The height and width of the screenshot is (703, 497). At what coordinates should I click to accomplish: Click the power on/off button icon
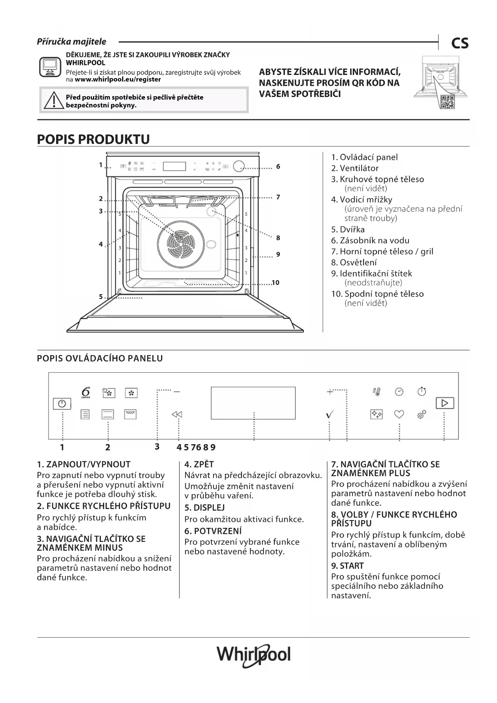click(x=62, y=404)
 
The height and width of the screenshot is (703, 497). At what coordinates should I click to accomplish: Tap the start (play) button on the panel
click(x=445, y=403)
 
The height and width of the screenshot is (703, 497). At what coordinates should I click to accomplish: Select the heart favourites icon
click(x=399, y=414)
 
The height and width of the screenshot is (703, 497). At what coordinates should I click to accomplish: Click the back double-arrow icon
click(x=177, y=414)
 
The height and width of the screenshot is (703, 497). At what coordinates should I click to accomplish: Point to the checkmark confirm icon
click(x=330, y=415)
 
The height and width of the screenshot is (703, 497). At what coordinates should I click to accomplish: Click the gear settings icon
click(x=422, y=414)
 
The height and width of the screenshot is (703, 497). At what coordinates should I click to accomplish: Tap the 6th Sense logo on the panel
click(x=86, y=392)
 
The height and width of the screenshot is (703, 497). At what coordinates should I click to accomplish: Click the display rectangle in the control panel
click(x=253, y=403)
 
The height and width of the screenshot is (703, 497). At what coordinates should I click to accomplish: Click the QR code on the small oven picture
click(x=447, y=102)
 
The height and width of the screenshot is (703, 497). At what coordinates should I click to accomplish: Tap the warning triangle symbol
click(x=52, y=100)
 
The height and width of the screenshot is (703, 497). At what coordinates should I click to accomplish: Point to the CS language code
click(x=460, y=43)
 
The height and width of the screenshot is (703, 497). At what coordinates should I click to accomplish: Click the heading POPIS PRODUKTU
click(x=93, y=139)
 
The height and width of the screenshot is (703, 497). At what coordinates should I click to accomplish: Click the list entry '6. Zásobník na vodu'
click(x=370, y=240)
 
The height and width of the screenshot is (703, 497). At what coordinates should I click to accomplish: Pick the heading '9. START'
click(x=347, y=566)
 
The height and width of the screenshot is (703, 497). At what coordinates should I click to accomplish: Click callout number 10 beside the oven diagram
click(x=276, y=283)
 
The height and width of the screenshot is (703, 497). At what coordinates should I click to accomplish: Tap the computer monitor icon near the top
click(x=50, y=67)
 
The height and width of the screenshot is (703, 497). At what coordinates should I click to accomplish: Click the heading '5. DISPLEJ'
click(x=204, y=508)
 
